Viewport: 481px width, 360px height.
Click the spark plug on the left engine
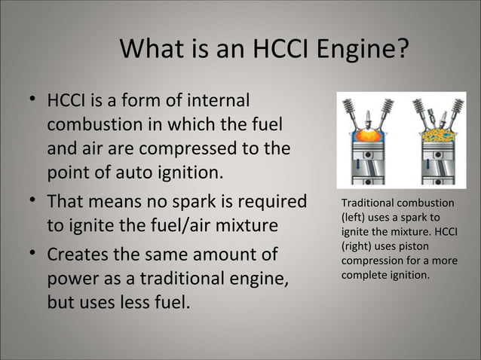(x=366, y=113)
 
